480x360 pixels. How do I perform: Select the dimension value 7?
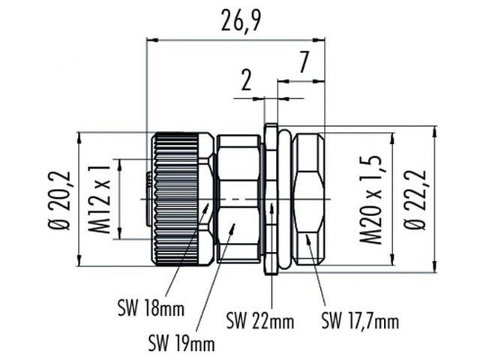click(302, 63)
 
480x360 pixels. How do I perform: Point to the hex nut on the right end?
click(311, 198)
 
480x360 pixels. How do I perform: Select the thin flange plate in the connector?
click(270, 198)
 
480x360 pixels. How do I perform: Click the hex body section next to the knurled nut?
click(237, 198)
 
